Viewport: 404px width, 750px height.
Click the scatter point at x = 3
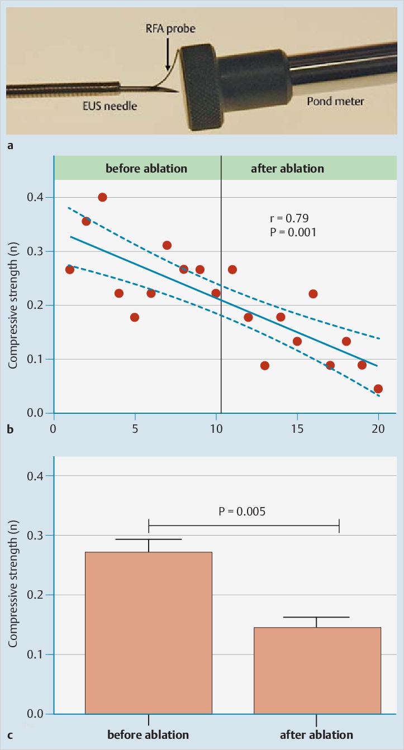[102, 197]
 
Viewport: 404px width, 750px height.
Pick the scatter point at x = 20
[378, 389]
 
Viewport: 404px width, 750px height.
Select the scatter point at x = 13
[265, 366]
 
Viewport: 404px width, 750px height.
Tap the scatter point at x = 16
[313, 294]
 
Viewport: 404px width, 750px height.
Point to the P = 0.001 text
[293, 232]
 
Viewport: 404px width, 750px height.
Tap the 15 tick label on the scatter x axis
[297, 432]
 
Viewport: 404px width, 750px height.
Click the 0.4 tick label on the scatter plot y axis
[37, 198]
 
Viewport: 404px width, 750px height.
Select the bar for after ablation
[317, 670]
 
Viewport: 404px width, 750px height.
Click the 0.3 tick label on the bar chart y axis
[37, 536]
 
